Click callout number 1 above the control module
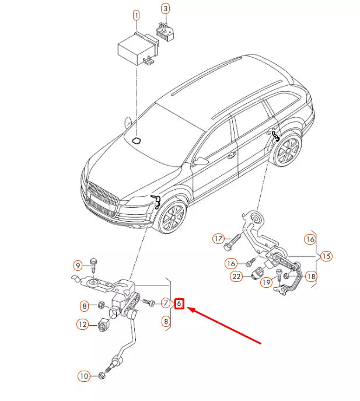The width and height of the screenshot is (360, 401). pyautogui.click(x=136, y=13)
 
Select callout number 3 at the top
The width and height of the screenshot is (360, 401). pyautogui.click(x=166, y=9)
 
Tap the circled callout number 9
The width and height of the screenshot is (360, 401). pyautogui.click(x=78, y=266)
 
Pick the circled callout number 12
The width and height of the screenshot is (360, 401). pyautogui.click(x=83, y=325)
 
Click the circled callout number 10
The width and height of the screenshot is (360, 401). pyautogui.click(x=85, y=376)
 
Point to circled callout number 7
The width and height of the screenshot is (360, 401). pyautogui.click(x=165, y=303)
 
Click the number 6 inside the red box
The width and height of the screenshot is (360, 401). pyautogui.click(x=180, y=304)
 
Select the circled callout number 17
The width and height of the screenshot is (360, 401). pyautogui.click(x=218, y=238)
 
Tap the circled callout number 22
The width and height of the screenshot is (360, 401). pyautogui.click(x=236, y=276)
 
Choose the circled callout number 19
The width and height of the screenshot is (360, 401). pyautogui.click(x=266, y=283)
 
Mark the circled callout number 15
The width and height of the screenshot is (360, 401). pyautogui.click(x=326, y=256)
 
